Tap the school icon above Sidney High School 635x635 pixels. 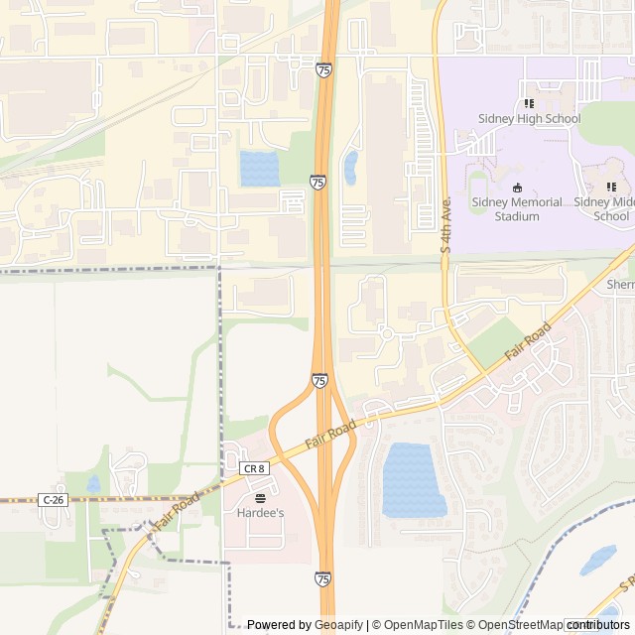click(x=529, y=103)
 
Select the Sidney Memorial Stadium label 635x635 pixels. click(x=517, y=208)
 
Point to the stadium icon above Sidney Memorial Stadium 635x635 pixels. click(x=516, y=187)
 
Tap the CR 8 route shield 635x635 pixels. click(x=254, y=467)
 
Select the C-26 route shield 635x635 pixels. click(x=54, y=500)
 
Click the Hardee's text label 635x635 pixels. click(x=260, y=513)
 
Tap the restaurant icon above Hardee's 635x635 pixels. click(x=260, y=497)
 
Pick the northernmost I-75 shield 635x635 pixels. click(x=324, y=69)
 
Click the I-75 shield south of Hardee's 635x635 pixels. click(x=323, y=578)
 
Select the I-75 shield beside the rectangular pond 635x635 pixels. click(x=317, y=183)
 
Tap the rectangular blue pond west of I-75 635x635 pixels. click(x=259, y=169)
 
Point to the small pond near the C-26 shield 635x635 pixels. click(x=93, y=484)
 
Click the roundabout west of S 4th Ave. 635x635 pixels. click(x=386, y=333)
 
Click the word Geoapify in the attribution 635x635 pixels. click(x=339, y=625)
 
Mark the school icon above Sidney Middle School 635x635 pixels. click(x=611, y=186)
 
